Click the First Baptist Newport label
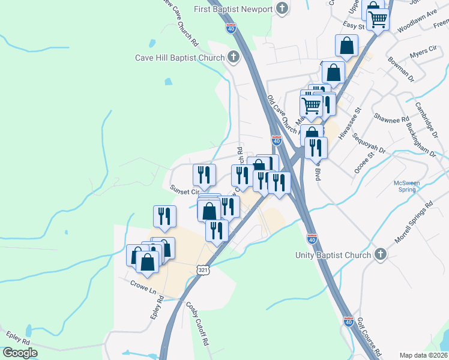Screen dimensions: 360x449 coord(234,9)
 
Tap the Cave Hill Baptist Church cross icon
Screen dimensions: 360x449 coord(233,58)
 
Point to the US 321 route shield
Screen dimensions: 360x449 coord(202,271)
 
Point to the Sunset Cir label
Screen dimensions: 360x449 coord(184,191)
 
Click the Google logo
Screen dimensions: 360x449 coord(20,353)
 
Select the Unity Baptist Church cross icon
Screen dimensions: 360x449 coord(379,255)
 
